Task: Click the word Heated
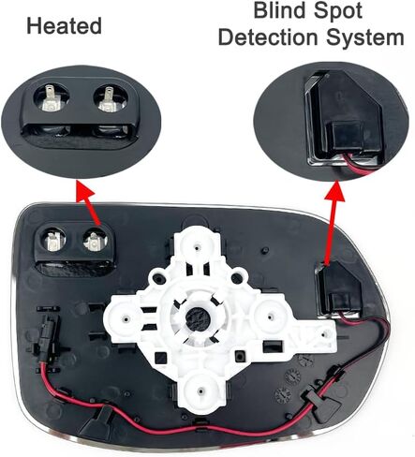tap(65, 26)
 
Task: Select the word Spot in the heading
tap(338, 12)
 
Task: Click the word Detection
tap(268, 37)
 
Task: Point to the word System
tap(365, 38)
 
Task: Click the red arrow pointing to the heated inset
tap(89, 203)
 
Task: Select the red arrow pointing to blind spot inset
tap(332, 223)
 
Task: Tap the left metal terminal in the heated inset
tap(51, 98)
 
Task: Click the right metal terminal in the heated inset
tap(108, 99)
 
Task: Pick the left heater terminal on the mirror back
tap(52, 241)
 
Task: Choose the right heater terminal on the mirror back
tap(93, 243)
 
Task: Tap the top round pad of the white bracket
tap(197, 245)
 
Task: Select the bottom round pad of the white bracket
tap(201, 389)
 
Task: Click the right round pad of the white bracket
tap(270, 316)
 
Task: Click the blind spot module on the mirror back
tap(339, 289)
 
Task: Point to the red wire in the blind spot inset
tap(363, 165)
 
